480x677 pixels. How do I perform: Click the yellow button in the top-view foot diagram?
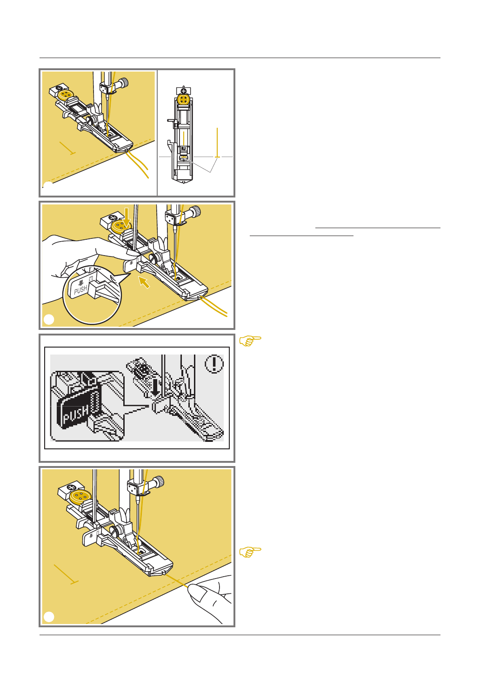point(183,99)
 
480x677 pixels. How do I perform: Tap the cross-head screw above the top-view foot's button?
point(183,90)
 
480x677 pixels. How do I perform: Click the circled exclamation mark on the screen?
point(214,363)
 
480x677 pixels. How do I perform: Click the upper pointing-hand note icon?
point(250,341)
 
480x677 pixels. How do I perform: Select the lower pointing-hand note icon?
point(250,552)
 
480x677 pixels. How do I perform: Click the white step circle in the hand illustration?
point(49,320)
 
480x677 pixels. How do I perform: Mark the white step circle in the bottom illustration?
point(49,617)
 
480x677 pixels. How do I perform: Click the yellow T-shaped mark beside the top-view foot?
point(217,143)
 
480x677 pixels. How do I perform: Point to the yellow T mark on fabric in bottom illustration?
point(66,574)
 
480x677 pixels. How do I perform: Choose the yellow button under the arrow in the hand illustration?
point(121,226)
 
